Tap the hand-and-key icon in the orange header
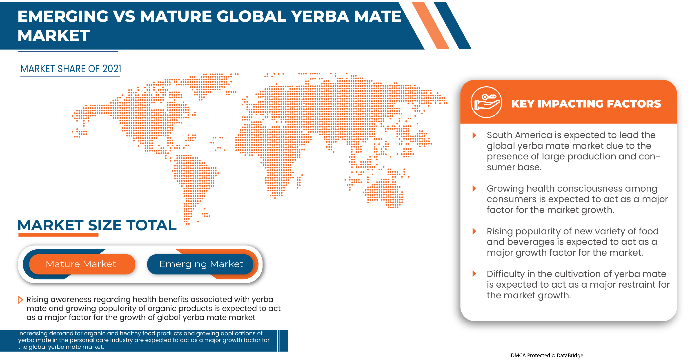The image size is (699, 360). tap(486, 102)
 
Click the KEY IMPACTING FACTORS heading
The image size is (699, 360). tap(586, 104)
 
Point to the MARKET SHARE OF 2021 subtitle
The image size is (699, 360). tap(71, 69)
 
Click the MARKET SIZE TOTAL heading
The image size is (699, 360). tap(97, 225)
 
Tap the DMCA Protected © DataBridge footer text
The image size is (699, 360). tap(547, 355)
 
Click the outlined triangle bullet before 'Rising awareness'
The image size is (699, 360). tap(20, 300)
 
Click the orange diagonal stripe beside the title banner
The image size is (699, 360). tap(430, 25)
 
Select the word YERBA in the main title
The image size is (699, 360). tap(320, 16)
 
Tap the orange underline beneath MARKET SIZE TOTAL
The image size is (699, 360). tap(58, 235)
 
